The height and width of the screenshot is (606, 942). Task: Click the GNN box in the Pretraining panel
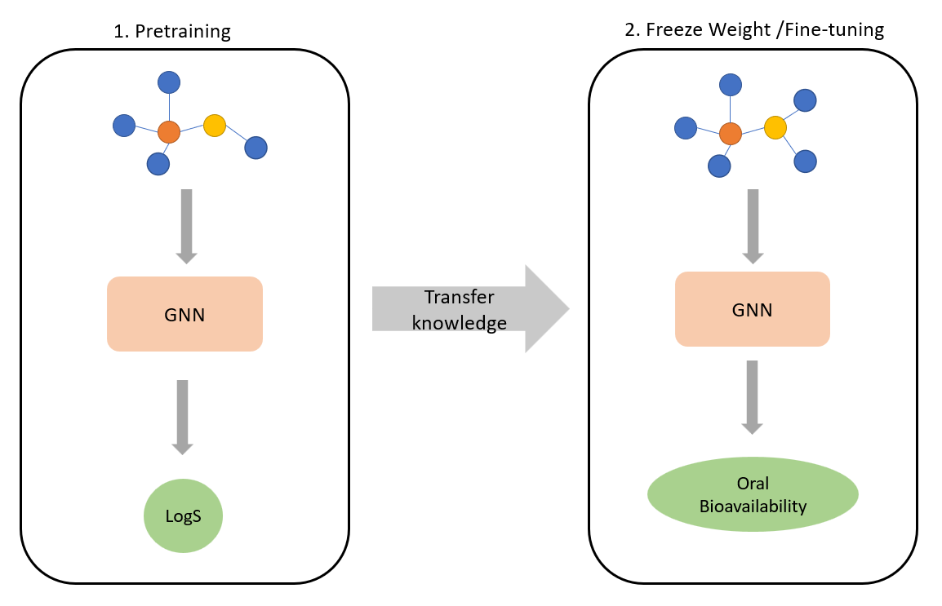tap(184, 314)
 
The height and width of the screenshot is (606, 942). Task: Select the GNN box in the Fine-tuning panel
tap(752, 309)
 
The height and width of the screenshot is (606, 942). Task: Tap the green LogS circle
tap(183, 515)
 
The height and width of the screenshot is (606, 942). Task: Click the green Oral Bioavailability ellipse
tap(752, 496)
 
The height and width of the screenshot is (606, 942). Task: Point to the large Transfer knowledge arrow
tap(469, 309)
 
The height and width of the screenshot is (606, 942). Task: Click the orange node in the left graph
tap(169, 131)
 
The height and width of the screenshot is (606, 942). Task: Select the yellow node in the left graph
tap(214, 126)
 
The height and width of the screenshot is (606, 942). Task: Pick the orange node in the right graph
tap(731, 134)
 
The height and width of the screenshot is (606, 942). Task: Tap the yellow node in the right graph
tap(775, 127)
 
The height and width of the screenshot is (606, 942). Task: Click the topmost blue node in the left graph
tap(169, 82)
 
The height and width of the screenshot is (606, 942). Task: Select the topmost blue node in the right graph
tap(730, 84)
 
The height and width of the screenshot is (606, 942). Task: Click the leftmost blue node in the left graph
tap(124, 126)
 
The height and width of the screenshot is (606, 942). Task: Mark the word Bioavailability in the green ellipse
tap(753, 506)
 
